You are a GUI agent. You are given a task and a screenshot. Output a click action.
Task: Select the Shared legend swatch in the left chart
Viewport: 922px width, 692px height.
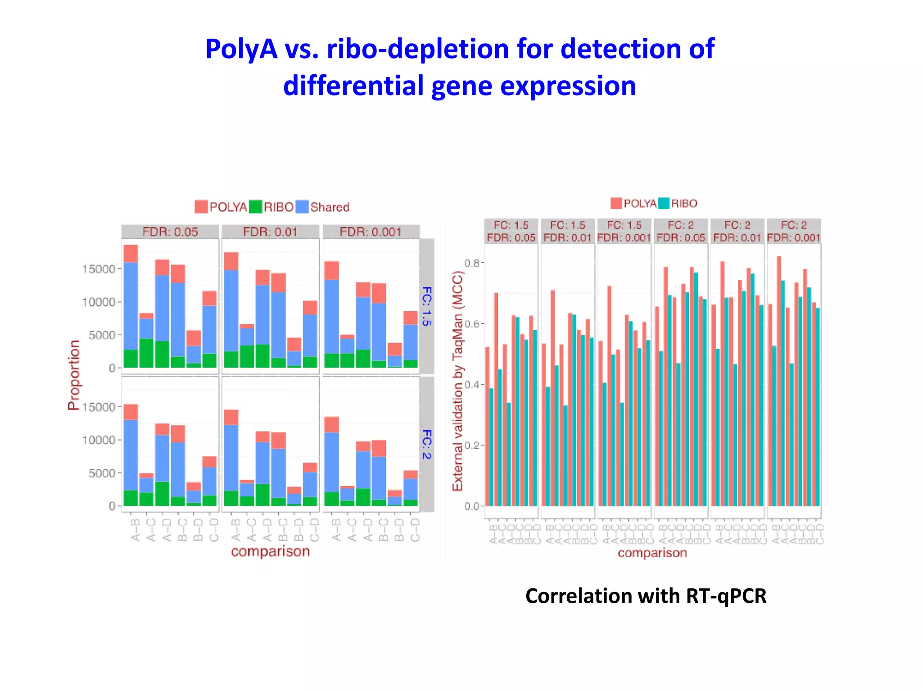coord(303,207)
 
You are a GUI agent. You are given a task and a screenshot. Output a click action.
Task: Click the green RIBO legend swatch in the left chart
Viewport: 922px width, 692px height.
coord(255,207)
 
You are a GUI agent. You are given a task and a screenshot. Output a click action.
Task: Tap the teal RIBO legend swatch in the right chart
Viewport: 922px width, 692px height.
coord(664,203)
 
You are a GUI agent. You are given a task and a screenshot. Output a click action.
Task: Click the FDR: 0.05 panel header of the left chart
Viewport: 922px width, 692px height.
coord(170,232)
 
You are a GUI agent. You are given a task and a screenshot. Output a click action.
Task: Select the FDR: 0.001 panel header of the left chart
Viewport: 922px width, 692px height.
coord(371,232)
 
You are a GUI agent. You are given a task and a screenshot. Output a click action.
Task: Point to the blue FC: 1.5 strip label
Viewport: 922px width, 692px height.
coord(427,306)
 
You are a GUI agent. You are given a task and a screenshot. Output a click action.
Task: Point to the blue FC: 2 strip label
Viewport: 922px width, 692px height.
coord(427,444)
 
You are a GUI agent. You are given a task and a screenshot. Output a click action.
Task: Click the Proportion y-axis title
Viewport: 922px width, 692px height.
coord(74,375)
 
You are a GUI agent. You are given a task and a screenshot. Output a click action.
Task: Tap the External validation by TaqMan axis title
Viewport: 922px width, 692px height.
coord(457,381)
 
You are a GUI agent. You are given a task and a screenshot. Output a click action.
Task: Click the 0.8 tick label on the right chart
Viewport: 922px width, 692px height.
coord(472,263)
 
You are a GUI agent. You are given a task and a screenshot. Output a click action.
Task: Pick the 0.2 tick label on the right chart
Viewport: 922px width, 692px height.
coord(472,446)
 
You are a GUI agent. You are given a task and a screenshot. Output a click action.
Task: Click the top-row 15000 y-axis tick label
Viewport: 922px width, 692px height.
coord(99,269)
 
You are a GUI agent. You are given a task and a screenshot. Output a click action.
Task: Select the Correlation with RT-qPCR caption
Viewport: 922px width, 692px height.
coord(646,596)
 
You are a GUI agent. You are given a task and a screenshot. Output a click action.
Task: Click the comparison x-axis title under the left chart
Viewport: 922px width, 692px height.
coord(270,551)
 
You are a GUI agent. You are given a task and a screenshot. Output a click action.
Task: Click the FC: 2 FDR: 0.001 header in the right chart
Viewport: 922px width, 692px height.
coord(794,231)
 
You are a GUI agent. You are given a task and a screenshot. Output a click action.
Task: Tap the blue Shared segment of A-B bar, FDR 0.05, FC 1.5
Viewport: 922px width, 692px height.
coord(131,306)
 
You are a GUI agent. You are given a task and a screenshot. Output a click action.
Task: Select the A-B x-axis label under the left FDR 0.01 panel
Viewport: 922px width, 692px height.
coord(235,530)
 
